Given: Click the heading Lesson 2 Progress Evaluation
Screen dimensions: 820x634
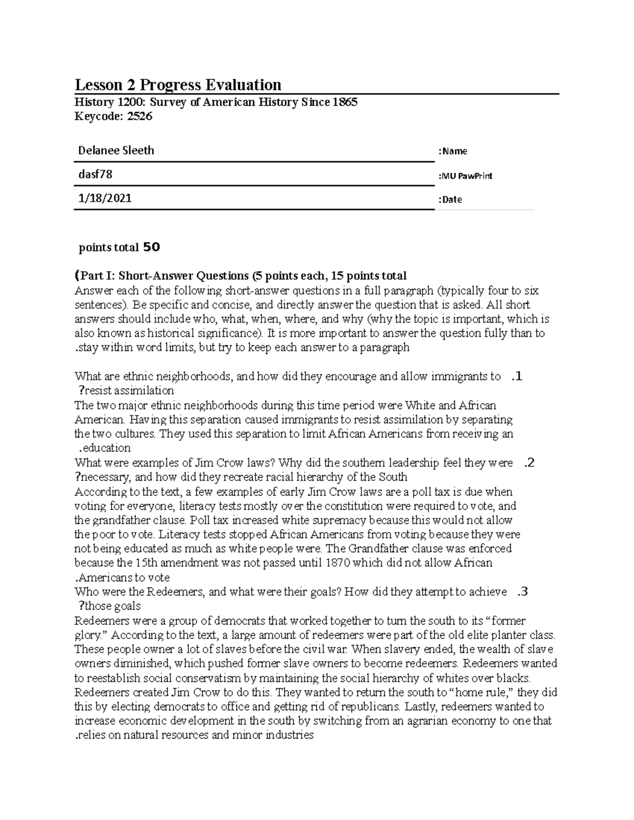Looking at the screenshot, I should [178, 85].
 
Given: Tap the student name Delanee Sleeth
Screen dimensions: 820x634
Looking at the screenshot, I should [116, 150].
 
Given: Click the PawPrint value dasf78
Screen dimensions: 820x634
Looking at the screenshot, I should [95, 174].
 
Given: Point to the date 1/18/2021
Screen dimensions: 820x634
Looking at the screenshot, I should [105, 199].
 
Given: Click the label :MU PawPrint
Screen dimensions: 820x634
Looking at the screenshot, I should [465, 176].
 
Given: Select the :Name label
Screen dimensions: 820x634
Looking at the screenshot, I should [452, 152].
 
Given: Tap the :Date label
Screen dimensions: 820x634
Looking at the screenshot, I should [450, 200].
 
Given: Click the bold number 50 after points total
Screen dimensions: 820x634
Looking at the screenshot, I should [151, 247].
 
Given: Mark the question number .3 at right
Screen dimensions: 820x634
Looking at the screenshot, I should [522, 592].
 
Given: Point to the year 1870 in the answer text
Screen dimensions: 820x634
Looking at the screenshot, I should [338, 563].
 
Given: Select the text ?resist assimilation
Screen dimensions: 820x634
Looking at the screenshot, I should [125, 391].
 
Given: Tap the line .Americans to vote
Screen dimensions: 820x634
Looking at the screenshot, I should [122, 577].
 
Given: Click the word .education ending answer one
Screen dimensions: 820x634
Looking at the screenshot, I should [104, 448].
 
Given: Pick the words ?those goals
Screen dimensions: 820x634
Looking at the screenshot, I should [109, 606].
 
